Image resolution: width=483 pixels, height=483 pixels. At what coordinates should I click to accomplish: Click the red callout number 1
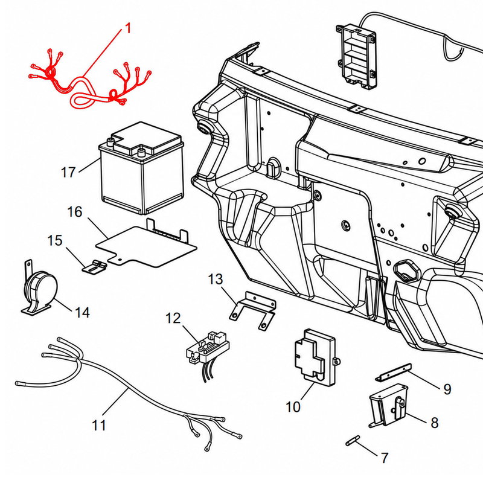point(129,28)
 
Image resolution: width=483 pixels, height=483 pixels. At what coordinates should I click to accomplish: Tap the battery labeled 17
point(142,168)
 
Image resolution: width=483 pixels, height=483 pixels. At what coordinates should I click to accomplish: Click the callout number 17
point(68,172)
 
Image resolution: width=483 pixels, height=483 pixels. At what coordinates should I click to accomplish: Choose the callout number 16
point(75,212)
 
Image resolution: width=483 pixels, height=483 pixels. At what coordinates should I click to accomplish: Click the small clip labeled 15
point(94,266)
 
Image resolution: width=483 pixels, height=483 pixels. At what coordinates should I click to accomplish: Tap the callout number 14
point(82,312)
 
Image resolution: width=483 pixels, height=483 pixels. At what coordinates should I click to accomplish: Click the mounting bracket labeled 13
point(252,310)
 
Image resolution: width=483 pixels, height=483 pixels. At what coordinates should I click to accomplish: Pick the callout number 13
point(216,280)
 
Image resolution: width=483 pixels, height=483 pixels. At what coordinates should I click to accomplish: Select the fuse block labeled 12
point(208,351)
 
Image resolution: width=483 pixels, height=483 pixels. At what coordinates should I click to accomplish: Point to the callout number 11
point(99,426)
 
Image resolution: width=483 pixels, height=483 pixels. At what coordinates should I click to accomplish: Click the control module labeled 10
point(316,357)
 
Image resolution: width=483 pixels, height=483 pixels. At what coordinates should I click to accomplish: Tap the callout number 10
point(293,407)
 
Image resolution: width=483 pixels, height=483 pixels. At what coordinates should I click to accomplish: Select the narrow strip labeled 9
point(394,373)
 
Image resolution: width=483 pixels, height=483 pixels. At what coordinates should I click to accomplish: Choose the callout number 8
point(434,423)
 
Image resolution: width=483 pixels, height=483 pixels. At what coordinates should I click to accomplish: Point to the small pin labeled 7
point(353,440)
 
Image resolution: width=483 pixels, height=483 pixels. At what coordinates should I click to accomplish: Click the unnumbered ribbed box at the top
point(357,57)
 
